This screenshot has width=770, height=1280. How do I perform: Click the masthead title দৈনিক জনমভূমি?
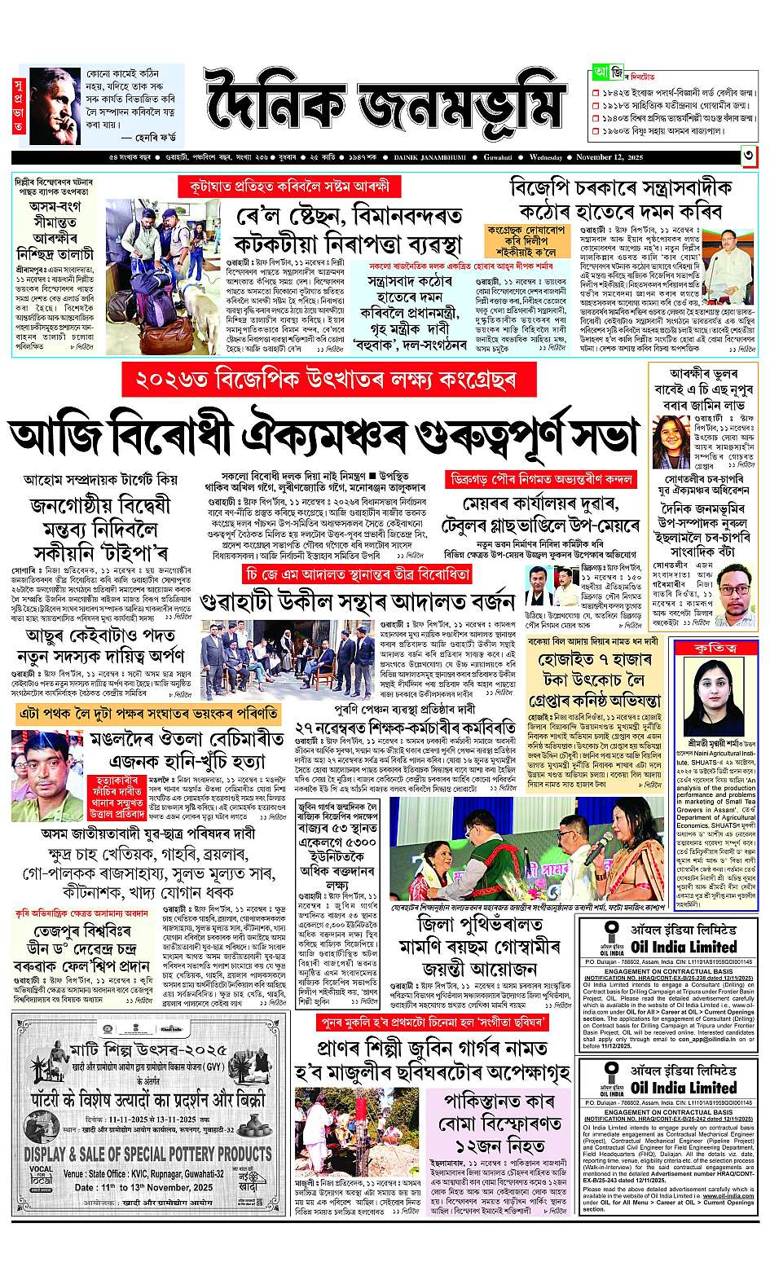[383, 106]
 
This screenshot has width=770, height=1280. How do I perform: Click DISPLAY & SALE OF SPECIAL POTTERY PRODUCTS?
[147, 1155]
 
